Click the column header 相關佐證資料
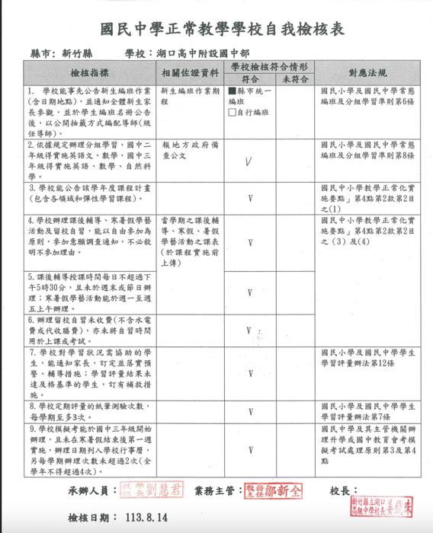tap(191, 73)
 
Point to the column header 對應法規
tap(368, 73)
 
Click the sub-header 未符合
tap(293, 78)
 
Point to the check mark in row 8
tap(249, 412)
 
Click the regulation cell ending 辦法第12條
tap(368, 358)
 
